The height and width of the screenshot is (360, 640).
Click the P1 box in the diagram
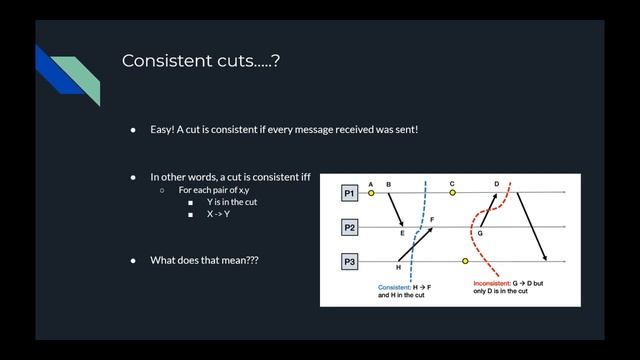[x=349, y=192]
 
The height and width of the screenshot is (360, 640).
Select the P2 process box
[x=349, y=227]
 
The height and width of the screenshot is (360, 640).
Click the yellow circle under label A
[x=371, y=193]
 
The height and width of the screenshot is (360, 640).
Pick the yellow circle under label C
[x=452, y=193]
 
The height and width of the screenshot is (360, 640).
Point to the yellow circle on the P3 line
[x=465, y=261]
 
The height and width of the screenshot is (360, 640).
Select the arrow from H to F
[x=417, y=244]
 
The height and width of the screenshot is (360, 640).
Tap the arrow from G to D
[x=488, y=211]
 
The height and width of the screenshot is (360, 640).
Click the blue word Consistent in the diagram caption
[x=394, y=287]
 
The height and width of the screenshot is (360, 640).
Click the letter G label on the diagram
[x=480, y=233]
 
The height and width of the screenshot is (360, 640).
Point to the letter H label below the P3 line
[x=398, y=268]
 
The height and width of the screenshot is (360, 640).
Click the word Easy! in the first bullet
[x=163, y=129]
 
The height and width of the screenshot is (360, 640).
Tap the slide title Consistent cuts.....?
[x=200, y=61]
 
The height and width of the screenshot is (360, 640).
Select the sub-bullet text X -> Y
[x=218, y=214]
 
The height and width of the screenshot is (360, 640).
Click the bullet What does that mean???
[x=204, y=260]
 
